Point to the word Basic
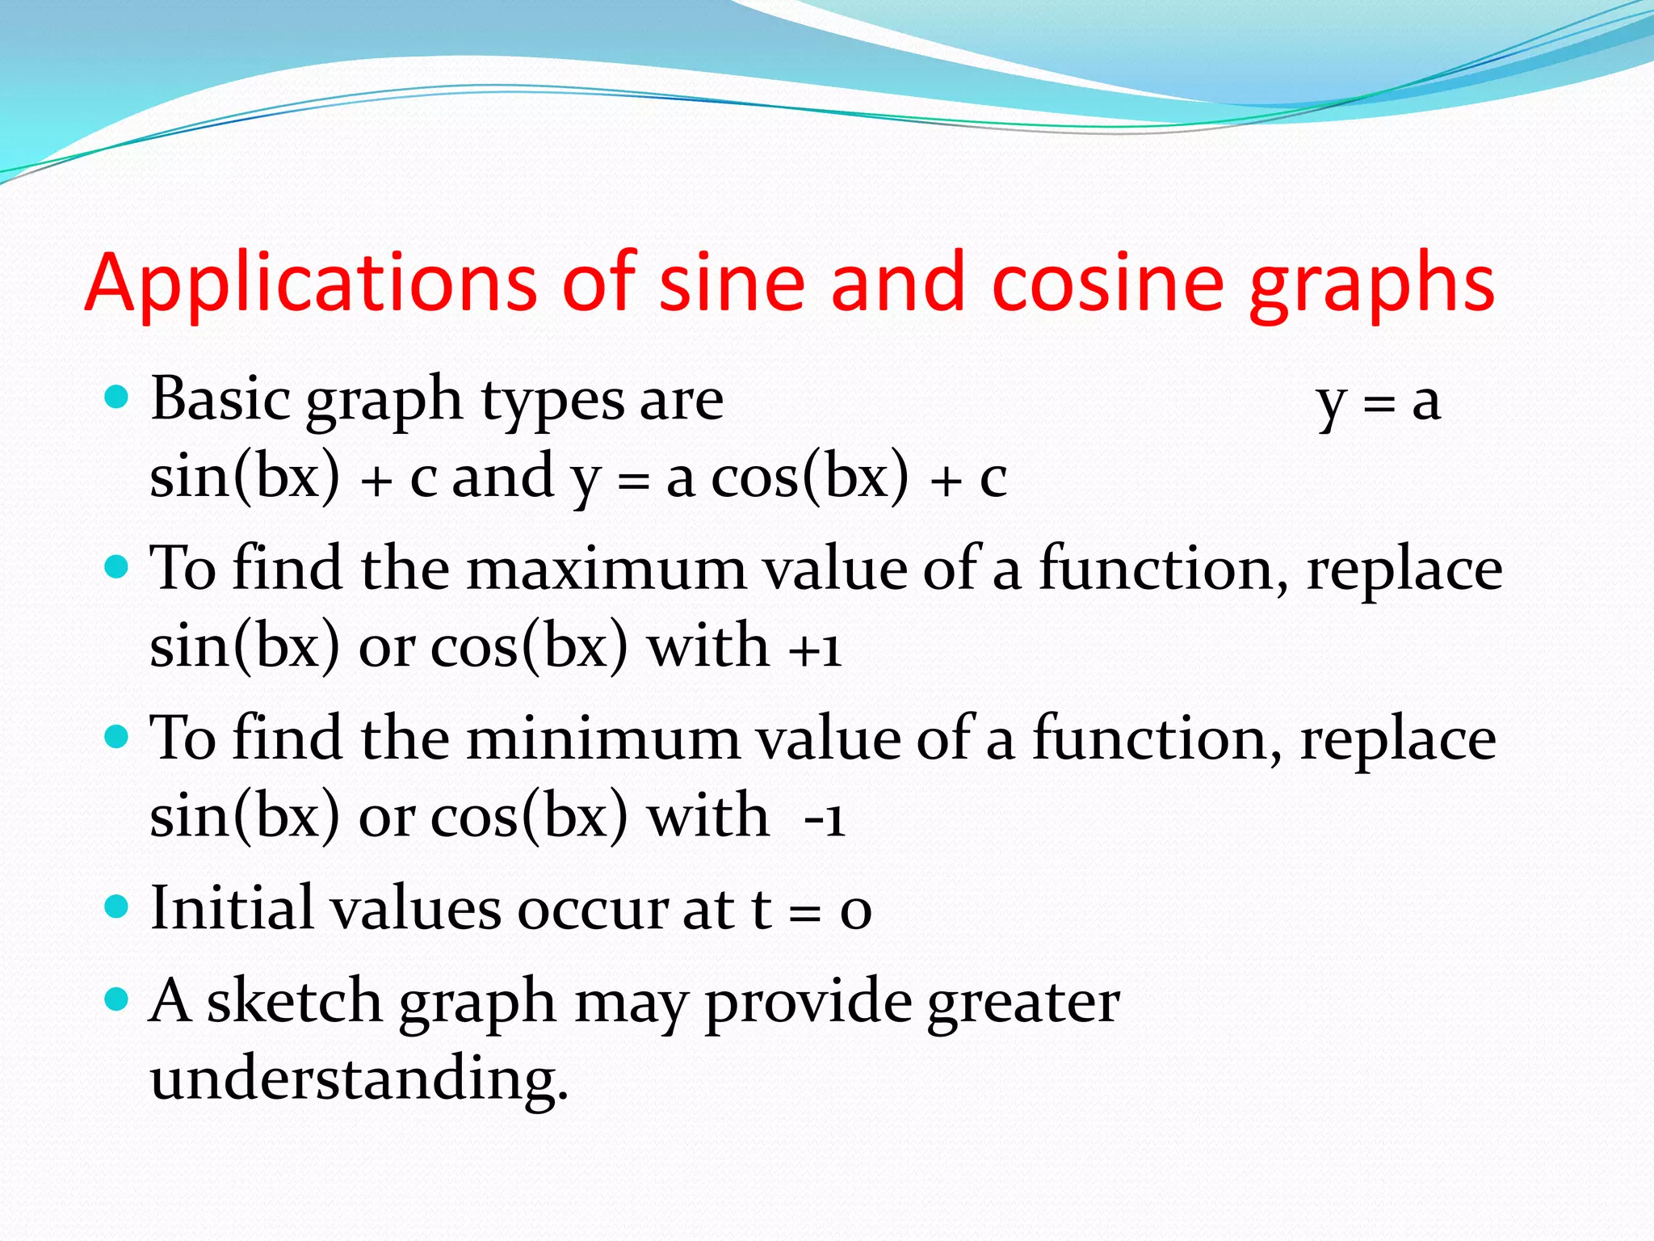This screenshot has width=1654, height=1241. pyautogui.click(x=220, y=398)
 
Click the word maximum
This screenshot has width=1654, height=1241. pyautogui.click(x=606, y=569)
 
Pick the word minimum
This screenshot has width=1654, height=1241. pyautogui.click(x=602, y=738)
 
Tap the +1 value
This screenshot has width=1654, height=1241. pyautogui.click(x=815, y=648)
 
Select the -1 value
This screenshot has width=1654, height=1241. pyautogui.click(x=824, y=818)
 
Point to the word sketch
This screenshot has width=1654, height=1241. pyautogui.click(x=294, y=1000)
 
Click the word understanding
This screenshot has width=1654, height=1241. pyautogui.click(x=359, y=1078)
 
